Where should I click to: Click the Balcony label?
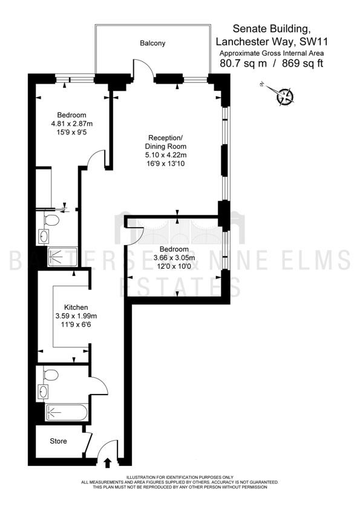point(152,43)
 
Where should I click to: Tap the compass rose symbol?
point(284,96)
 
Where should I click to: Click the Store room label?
point(59,441)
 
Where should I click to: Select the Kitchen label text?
point(76,307)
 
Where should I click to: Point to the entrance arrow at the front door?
point(108,462)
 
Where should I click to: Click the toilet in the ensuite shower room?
point(51,220)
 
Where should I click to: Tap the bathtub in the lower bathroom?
point(67,413)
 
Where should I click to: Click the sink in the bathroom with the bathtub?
point(43,392)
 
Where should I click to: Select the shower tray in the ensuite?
point(62,257)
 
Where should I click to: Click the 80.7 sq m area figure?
point(243,64)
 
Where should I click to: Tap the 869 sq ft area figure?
point(303,64)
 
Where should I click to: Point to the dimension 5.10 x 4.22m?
point(166,155)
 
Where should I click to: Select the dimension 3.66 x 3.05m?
point(174,258)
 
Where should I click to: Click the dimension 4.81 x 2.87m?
point(72,123)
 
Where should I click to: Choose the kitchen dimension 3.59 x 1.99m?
point(76,316)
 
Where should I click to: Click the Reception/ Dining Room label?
point(166,142)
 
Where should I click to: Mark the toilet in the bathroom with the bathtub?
point(51,374)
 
